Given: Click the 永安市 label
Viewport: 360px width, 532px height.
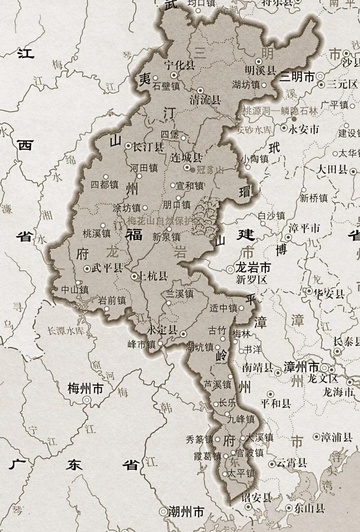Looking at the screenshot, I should point(304,129).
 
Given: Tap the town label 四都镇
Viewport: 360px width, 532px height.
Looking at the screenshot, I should point(104,184).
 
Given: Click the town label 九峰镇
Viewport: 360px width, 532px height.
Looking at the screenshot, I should point(271,419).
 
